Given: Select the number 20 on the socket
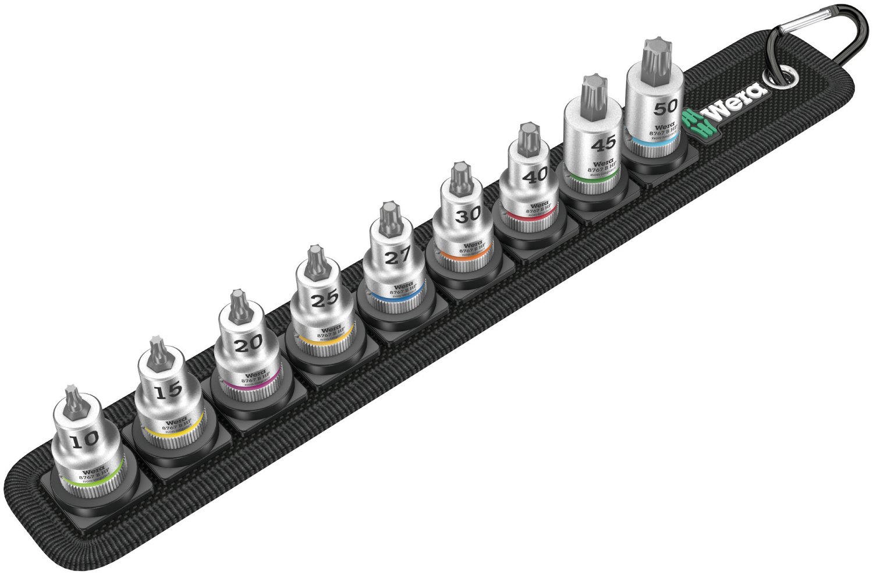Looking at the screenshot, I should [x=248, y=345].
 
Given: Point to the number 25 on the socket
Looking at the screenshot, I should [x=324, y=299].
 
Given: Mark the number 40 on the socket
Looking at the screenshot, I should [x=534, y=175].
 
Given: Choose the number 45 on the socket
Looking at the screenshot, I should [x=604, y=143].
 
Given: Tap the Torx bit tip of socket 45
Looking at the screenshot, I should [x=591, y=91].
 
